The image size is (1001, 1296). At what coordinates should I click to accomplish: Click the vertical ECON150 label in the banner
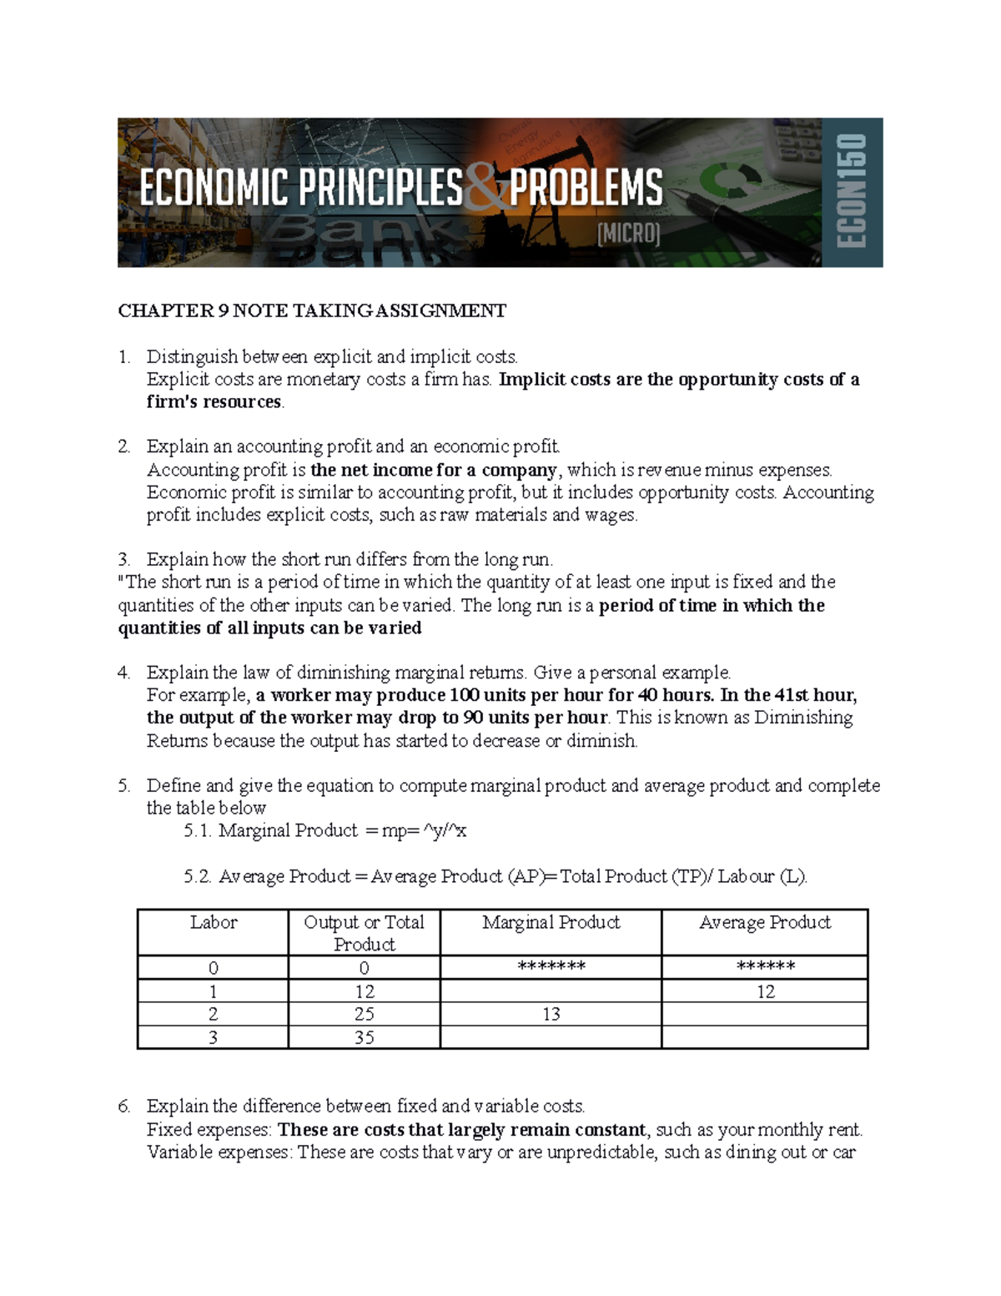853,192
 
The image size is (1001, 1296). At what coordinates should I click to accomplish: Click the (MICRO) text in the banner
628,234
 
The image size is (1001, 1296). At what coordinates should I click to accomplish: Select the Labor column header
214,922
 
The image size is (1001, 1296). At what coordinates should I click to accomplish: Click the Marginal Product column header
551,922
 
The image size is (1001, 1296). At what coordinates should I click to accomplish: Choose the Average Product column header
764,922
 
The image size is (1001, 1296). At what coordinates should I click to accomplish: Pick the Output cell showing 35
364,1037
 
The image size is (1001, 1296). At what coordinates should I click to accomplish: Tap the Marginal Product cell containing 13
551,1014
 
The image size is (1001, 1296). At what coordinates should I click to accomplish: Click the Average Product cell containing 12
765,991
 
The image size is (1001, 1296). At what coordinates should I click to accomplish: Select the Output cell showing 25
364,1014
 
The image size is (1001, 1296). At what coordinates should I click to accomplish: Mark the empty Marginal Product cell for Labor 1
551,991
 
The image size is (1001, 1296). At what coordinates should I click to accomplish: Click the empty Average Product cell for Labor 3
764,1037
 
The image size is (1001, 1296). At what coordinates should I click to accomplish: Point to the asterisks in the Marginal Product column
551,967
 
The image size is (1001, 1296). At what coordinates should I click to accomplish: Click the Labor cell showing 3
214,1037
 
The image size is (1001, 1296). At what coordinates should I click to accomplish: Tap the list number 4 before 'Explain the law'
123,673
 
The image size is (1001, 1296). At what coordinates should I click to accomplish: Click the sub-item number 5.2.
198,876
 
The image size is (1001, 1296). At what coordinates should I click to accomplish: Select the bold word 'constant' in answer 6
613,1130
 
